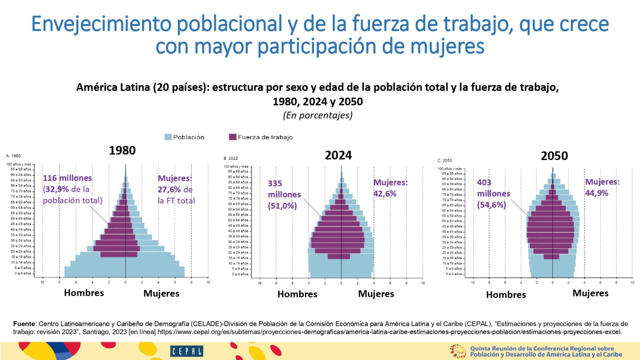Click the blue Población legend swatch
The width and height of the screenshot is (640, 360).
pyautogui.click(x=168, y=137)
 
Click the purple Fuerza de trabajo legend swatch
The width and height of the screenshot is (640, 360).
pyautogui.click(x=233, y=137)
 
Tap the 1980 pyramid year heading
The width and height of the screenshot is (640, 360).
pyautogui.click(x=122, y=150)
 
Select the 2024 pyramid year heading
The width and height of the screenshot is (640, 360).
pyautogui.click(x=338, y=155)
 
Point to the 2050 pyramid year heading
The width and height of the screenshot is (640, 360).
pyautogui.click(x=554, y=156)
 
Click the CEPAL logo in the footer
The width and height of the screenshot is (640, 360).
pyautogui.click(x=187, y=351)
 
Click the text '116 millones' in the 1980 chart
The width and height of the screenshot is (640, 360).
pyautogui.click(x=67, y=178)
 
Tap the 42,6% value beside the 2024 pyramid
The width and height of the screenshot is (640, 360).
pyautogui.click(x=385, y=194)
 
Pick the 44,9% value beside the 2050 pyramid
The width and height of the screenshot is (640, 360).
pyautogui.click(x=597, y=193)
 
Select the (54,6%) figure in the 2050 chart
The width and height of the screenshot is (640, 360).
pyautogui.click(x=492, y=205)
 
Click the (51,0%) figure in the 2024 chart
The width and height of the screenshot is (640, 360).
pyautogui.click(x=282, y=205)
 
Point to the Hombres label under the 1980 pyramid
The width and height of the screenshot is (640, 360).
pyautogui.click(x=84, y=293)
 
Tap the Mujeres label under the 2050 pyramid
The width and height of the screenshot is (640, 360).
pyautogui.click(x=590, y=293)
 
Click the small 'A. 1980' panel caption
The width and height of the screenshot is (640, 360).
pyautogui.click(x=13, y=156)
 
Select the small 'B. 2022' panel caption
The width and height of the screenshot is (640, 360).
pyautogui.click(x=231, y=158)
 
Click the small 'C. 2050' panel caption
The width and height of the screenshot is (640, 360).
pyautogui.click(x=445, y=160)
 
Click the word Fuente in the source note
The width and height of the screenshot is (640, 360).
pyautogui.click(x=24, y=324)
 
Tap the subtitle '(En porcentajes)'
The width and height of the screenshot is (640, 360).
pyautogui.click(x=317, y=115)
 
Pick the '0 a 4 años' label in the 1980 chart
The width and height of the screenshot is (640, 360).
pyautogui.click(x=23, y=273)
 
